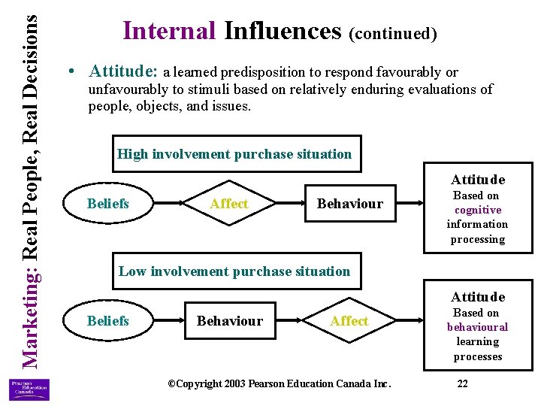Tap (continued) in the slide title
392,33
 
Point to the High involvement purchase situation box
234,154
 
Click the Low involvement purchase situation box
234,271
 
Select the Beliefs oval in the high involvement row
108,204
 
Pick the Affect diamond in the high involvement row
228,204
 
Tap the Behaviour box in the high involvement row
349,204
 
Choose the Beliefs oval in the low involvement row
108,321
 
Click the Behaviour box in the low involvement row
229,321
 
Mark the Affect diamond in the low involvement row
349,321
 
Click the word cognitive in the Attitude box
478,211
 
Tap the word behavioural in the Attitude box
478,327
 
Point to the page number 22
463,384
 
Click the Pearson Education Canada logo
29,389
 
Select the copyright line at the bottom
279,384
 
